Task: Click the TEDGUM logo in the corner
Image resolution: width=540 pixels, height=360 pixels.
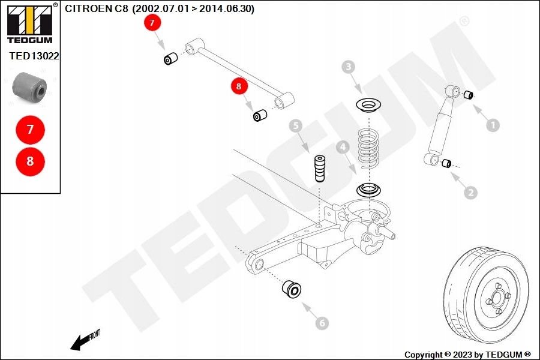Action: (29, 24)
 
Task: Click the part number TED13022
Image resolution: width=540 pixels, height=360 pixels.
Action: (34, 56)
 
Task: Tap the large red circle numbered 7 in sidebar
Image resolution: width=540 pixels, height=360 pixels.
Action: (30, 129)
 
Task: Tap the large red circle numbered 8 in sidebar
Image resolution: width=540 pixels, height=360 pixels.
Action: (30, 161)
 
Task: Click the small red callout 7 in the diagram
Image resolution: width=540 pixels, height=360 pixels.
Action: (152, 23)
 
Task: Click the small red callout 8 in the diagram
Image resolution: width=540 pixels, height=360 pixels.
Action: (239, 87)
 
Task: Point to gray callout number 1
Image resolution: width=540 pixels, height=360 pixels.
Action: (492, 125)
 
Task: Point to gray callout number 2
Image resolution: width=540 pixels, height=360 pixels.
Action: (470, 193)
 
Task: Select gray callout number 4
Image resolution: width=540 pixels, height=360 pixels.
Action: (342, 146)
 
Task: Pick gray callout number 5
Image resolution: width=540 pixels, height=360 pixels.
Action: (295, 125)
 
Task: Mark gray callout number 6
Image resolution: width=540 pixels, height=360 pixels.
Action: (322, 323)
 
